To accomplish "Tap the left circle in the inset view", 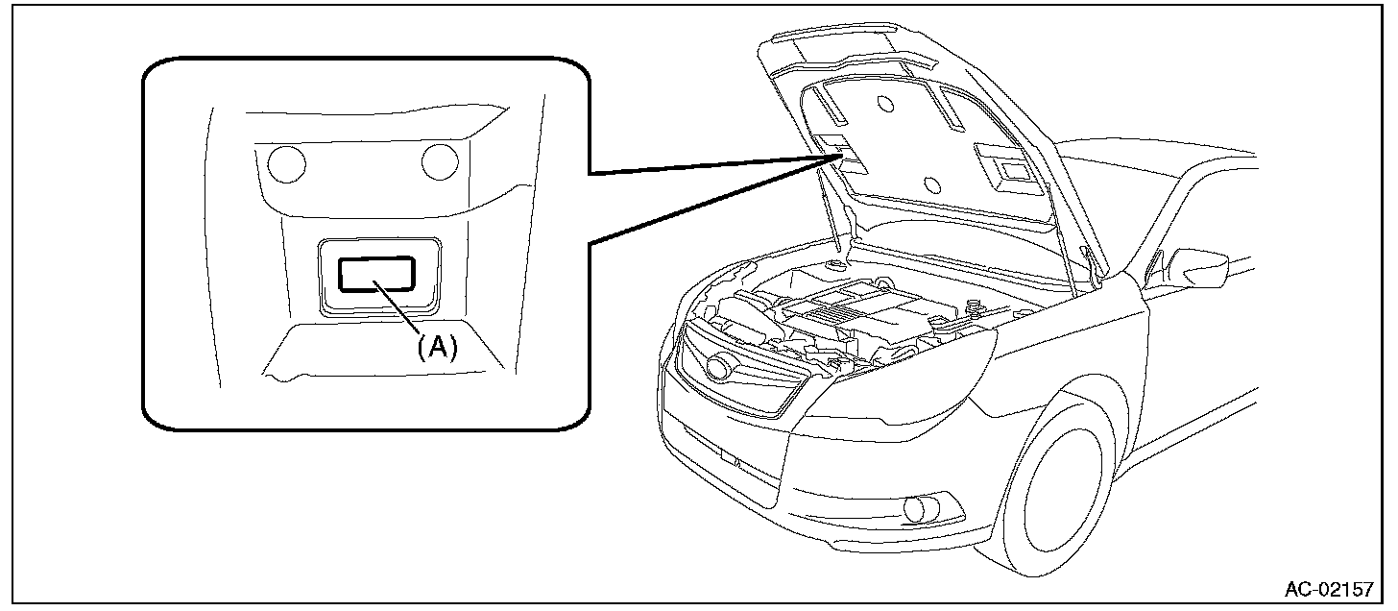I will point(285,164).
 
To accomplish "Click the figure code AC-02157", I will point(1331,589).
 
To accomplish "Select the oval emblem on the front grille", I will point(716,368).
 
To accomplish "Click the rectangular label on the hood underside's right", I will point(1014,170).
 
